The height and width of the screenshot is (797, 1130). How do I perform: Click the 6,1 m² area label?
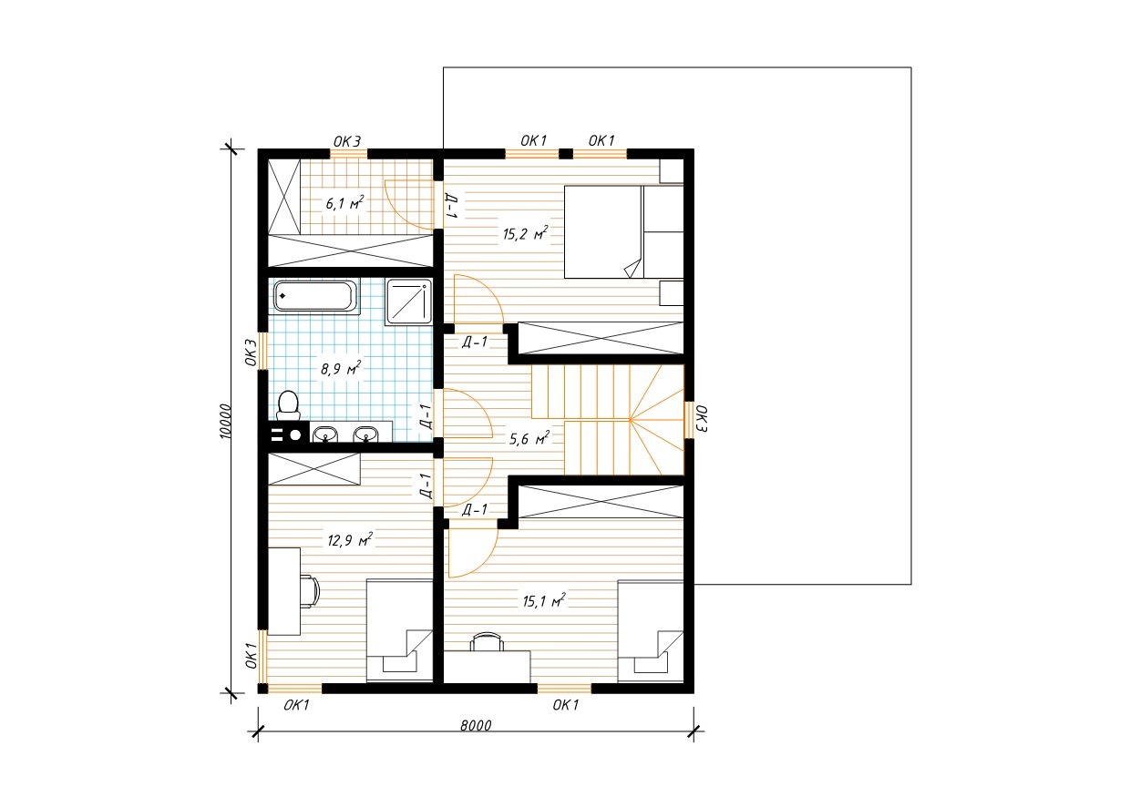point(344,203)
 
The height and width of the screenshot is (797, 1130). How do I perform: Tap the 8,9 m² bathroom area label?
point(341,369)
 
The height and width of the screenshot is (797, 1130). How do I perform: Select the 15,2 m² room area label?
point(525,233)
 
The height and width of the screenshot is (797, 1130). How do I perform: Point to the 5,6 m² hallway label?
point(529,438)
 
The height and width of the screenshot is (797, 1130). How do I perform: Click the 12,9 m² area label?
point(350,540)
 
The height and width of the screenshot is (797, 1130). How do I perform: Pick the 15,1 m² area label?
point(544,600)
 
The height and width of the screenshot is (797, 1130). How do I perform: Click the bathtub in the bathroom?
point(313,296)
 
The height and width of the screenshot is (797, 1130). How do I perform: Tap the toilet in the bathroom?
point(289,406)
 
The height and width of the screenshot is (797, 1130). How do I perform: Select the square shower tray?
point(408,301)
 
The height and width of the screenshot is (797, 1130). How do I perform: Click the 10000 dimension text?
point(225,421)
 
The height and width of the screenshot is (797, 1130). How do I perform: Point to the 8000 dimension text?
point(476,725)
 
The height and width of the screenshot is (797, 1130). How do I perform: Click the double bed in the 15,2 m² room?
point(623,232)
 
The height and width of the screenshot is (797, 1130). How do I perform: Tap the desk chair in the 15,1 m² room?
point(487,642)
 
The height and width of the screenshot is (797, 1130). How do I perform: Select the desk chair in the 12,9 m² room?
point(310,592)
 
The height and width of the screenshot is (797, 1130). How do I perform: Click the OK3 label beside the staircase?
point(702,418)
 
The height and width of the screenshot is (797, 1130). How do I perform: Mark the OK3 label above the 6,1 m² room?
point(347,142)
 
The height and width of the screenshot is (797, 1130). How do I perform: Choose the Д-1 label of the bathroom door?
point(426,416)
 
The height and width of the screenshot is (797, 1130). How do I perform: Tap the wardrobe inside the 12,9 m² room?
point(313,469)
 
